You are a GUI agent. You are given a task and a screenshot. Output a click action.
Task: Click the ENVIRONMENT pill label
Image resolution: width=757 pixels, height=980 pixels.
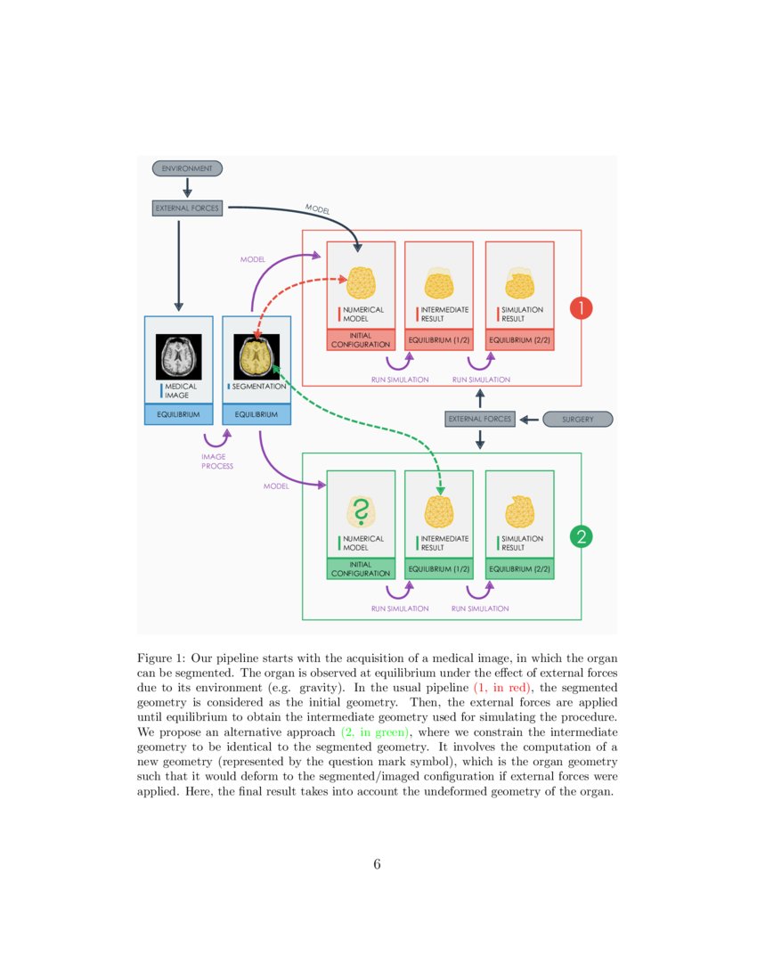coord(187,167)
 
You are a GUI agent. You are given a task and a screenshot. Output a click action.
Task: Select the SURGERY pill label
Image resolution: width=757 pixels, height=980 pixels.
coord(577,419)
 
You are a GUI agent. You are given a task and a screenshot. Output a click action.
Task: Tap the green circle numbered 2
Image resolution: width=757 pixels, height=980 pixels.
coord(581,536)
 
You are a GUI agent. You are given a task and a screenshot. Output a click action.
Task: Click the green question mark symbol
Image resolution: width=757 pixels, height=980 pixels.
coord(361,512)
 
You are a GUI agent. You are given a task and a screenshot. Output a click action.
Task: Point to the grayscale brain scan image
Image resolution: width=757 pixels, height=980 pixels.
coord(179,357)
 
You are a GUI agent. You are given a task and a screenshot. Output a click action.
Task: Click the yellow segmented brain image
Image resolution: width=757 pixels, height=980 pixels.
coord(256,357)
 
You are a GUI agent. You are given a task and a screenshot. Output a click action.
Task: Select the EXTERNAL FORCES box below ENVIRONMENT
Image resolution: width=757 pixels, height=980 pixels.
coord(187,208)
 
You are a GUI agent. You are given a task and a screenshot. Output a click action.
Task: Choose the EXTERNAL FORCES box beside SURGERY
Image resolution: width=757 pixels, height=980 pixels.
coord(480,419)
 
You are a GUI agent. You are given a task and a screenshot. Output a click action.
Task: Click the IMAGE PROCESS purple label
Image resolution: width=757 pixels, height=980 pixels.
coord(216,461)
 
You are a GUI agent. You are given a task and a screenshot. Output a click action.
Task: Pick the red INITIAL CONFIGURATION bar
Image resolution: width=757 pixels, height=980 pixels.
coord(361,339)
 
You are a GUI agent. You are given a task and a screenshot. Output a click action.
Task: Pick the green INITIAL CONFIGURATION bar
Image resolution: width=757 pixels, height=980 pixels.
coord(361,568)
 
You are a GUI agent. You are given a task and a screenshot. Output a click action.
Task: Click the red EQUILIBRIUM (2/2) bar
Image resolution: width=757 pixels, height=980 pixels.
coord(519,339)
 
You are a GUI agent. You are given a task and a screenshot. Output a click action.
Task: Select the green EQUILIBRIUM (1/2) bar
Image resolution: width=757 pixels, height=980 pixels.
coord(438,568)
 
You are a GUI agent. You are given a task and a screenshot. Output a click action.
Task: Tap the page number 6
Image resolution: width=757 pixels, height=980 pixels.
coord(378,864)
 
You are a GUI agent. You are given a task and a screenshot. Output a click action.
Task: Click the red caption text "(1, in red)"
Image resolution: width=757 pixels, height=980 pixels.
coord(502,688)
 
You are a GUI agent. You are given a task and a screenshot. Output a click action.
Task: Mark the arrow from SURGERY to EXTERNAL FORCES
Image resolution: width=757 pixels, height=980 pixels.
coord(529,419)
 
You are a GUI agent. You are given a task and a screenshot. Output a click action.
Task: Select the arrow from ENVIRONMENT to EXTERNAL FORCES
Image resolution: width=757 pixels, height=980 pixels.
coord(187,188)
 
